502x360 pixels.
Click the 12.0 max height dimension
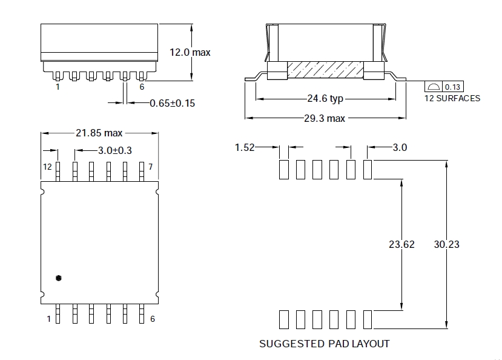(190, 53)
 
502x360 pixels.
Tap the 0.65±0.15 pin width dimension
(172, 103)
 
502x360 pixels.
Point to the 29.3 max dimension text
(324, 118)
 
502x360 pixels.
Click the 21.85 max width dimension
(99, 133)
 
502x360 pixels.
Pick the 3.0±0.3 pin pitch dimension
(115, 150)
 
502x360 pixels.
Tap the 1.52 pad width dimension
(245, 147)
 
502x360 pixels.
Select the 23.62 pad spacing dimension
(401, 244)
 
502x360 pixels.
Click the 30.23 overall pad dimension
(446, 244)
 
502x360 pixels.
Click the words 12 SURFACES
(452, 98)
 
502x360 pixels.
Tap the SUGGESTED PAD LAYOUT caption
(325, 344)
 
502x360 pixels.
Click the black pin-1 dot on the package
(58, 278)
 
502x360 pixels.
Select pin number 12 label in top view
(47, 166)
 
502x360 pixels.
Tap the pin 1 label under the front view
(58, 87)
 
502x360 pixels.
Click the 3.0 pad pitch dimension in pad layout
(400, 147)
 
